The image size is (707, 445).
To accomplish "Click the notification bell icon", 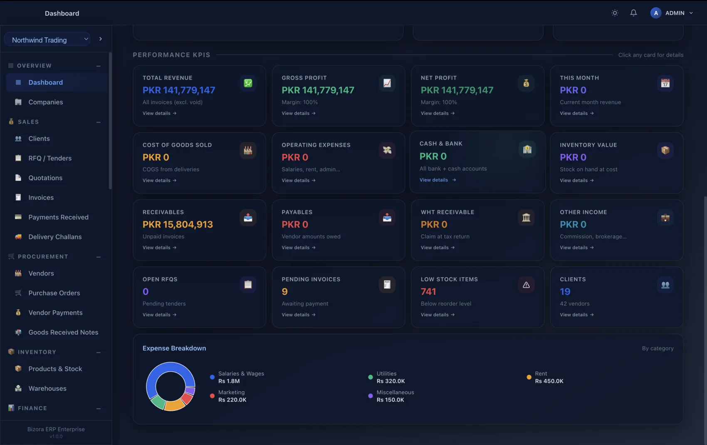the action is (x=633, y=13).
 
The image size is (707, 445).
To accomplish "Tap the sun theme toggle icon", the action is (x=615, y=13).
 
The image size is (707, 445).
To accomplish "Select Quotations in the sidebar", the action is (x=45, y=178).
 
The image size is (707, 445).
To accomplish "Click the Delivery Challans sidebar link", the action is (x=55, y=237).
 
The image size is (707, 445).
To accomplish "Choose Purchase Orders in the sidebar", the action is (x=54, y=293).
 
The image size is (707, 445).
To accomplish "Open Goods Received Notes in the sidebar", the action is (x=63, y=332).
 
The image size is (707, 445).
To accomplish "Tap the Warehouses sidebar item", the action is (x=47, y=388).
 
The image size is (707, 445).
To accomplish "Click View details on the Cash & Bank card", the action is (x=438, y=180).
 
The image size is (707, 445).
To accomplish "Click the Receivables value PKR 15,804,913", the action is (x=178, y=224).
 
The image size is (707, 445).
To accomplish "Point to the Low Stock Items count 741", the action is (x=428, y=291).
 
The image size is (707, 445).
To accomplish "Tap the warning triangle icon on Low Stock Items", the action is (x=526, y=285).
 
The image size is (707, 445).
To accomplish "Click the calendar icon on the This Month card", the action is (x=665, y=83).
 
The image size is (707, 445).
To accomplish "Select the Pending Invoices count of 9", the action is (x=285, y=291).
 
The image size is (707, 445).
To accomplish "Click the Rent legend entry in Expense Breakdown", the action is (x=545, y=377).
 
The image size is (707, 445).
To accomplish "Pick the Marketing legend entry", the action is (x=228, y=396).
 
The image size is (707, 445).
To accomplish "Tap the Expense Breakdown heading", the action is (x=174, y=348).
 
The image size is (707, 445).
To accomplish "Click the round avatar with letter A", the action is (x=655, y=13).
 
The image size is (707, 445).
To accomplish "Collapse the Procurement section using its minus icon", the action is (x=99, y=257).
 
